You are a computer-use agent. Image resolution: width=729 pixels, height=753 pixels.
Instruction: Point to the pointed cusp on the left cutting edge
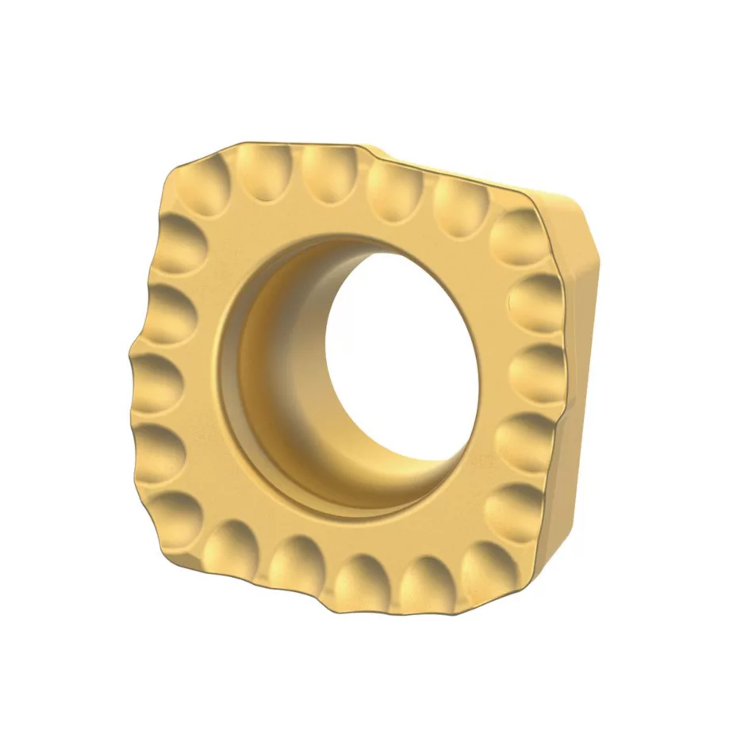[x=132, y=349]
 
